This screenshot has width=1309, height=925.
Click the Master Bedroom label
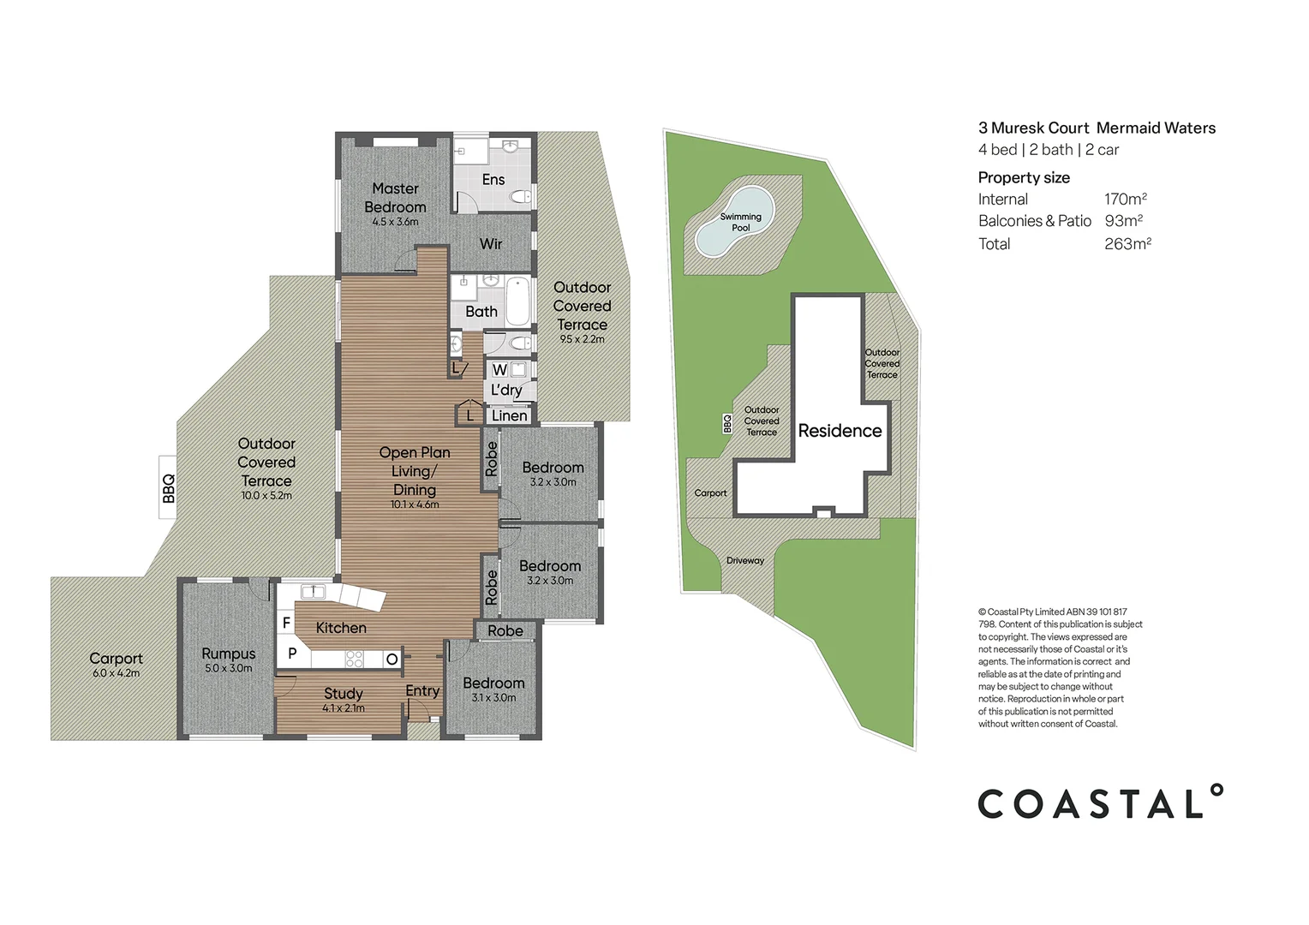(395, 198)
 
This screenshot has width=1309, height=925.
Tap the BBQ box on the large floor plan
(168, 488)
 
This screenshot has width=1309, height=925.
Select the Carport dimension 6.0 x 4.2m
(116, 673)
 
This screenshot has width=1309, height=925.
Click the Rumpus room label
(229, 653)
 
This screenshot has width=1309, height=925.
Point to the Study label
(344, 693)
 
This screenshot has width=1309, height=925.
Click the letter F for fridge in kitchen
(286, 623)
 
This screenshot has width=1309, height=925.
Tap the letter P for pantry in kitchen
(292, 653)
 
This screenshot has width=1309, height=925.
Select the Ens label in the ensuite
(493, 179)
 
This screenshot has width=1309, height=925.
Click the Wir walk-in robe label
(491, 244)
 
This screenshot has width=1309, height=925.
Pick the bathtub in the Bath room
(517, 301)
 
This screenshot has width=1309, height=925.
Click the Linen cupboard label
(510, 415)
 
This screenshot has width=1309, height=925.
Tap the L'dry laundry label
(506, 390)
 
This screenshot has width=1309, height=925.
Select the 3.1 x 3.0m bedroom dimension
(493, 697)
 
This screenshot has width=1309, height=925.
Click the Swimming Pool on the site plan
(738, 223)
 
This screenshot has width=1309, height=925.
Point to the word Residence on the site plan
(840, 431)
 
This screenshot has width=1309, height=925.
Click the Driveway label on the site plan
(745, 560)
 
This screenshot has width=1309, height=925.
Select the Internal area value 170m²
(1125, 199)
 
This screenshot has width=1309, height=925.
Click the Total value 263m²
(1127, 244)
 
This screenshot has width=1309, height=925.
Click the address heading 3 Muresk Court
(1033, 128)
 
